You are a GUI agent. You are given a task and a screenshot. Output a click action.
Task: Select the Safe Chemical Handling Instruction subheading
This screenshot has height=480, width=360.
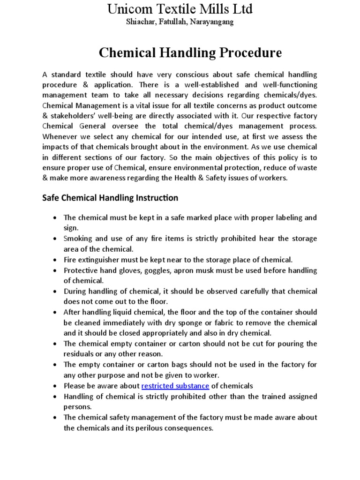(x=110, y=198)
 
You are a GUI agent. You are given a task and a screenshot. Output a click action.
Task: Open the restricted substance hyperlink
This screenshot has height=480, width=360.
(x=175, y=386)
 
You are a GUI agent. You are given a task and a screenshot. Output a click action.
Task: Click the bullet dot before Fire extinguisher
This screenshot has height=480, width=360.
(x=55, y=260)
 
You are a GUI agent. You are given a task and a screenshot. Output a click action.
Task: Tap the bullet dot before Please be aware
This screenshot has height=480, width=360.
(x=55, y=386)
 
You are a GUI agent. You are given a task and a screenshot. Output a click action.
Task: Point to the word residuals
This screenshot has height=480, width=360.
(x=80, y=354)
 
